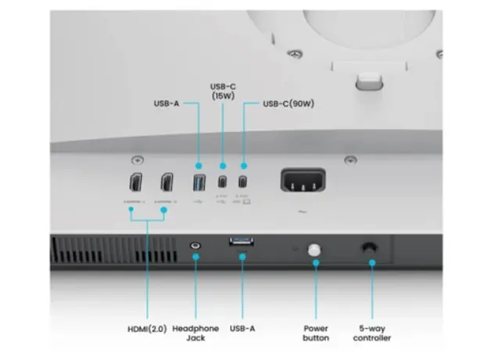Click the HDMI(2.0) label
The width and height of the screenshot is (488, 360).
point(145,328)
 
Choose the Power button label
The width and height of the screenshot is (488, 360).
point(316,333)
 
